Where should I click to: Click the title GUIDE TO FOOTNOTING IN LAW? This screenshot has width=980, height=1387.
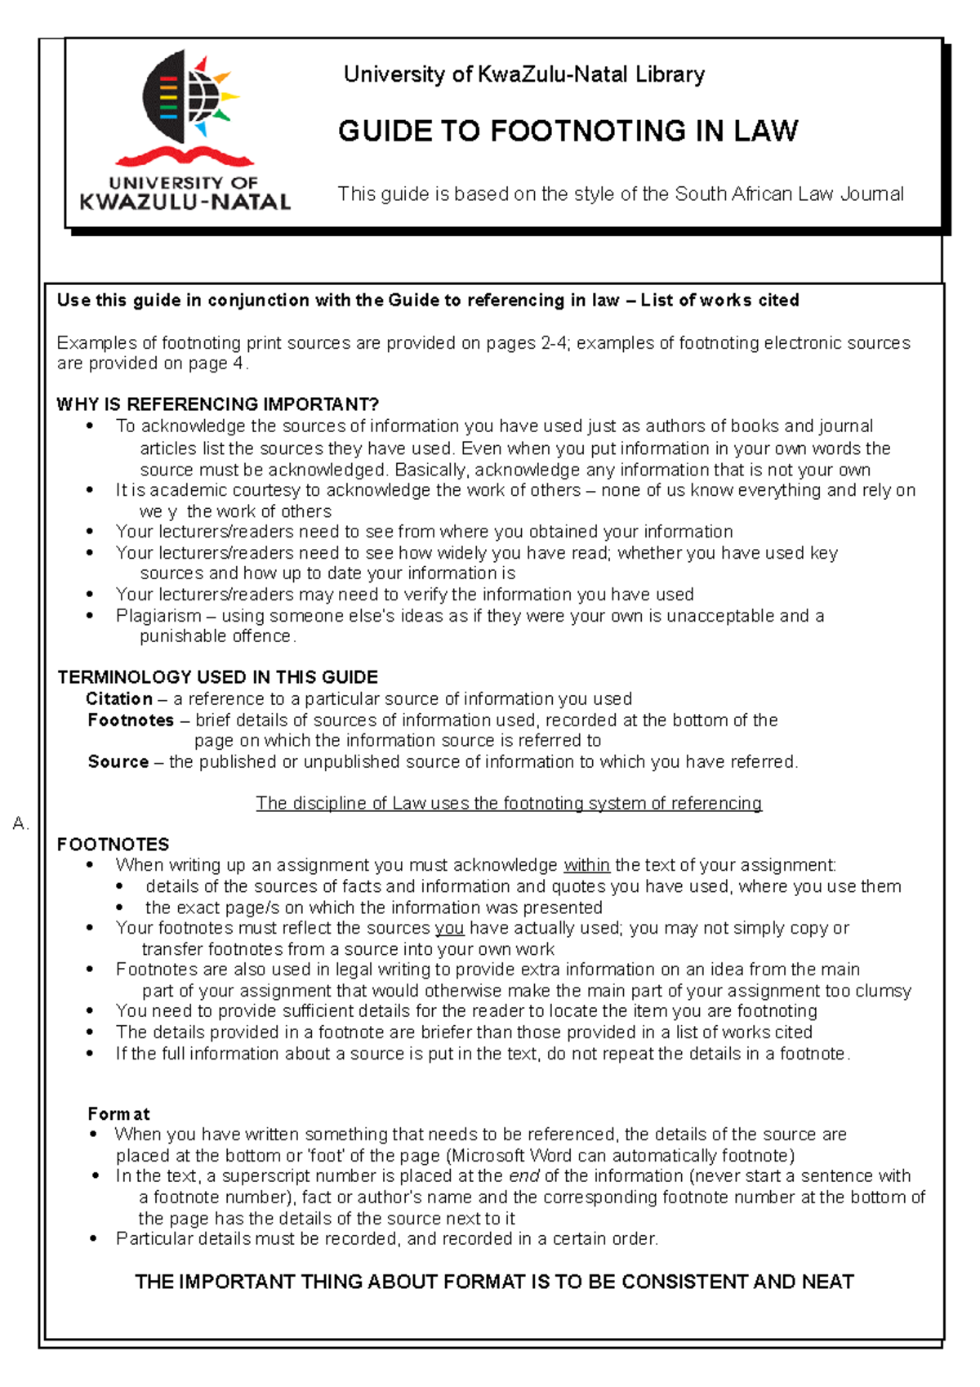click(x=568, y=132)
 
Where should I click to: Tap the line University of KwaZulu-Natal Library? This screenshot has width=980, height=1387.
click(x=523, y=74)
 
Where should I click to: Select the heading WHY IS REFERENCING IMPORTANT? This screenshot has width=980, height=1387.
click(x=217, y=404)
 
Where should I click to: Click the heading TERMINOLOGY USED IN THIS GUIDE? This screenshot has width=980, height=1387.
click(x=217, y=677)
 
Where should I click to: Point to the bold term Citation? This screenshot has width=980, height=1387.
click(x=119, y=699)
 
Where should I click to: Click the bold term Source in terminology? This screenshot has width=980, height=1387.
click(x=118, y=762)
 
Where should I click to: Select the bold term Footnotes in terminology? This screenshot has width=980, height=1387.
click(x=131, y=720)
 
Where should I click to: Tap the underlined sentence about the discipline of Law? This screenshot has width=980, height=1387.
click(x=508, y=804)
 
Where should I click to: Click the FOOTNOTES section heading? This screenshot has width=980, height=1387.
click(x=113, y=845)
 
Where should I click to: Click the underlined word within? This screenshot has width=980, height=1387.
click(x=586, y=866)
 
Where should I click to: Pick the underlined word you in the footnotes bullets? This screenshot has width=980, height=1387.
click(x=449, y=929)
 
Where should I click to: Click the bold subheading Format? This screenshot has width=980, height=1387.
click(x=118, y=1114)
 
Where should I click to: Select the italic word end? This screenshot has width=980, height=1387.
click(x=523, y=1176)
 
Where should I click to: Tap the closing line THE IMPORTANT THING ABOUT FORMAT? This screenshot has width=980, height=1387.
click(x=494, y=1282)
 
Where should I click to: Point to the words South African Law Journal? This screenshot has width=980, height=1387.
click(x=789, y=194)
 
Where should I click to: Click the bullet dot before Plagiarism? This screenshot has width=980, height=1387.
click(x=91, y=616)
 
